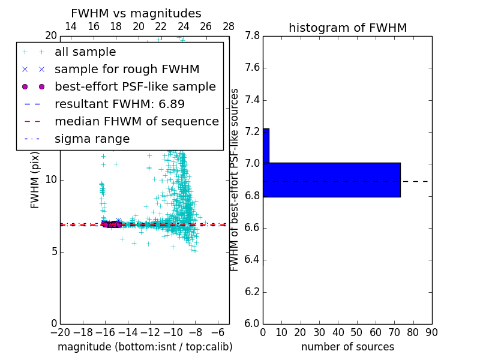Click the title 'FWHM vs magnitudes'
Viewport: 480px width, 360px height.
136,13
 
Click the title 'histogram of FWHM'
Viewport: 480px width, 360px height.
347,28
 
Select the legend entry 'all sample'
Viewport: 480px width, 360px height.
85,52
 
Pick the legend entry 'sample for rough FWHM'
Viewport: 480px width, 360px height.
127,70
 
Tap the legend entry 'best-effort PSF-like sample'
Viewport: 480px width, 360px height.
135,87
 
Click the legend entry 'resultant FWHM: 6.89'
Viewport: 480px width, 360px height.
119,104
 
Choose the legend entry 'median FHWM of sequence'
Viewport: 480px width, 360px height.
136,122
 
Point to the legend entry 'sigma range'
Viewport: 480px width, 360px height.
92,139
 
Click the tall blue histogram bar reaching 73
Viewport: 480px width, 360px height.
331,179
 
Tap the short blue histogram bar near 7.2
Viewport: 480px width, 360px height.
266,145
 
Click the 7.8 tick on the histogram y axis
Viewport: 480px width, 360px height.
253,36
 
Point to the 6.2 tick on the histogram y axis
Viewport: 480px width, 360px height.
253,292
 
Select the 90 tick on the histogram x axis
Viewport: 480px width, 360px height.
431,332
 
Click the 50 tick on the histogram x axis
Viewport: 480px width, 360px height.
356,332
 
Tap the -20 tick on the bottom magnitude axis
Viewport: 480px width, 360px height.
60,332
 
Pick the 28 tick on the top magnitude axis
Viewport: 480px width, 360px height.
229,26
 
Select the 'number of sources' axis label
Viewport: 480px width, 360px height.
347,347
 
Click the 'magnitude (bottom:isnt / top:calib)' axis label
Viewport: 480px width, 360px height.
145,347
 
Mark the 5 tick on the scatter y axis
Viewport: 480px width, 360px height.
53,251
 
